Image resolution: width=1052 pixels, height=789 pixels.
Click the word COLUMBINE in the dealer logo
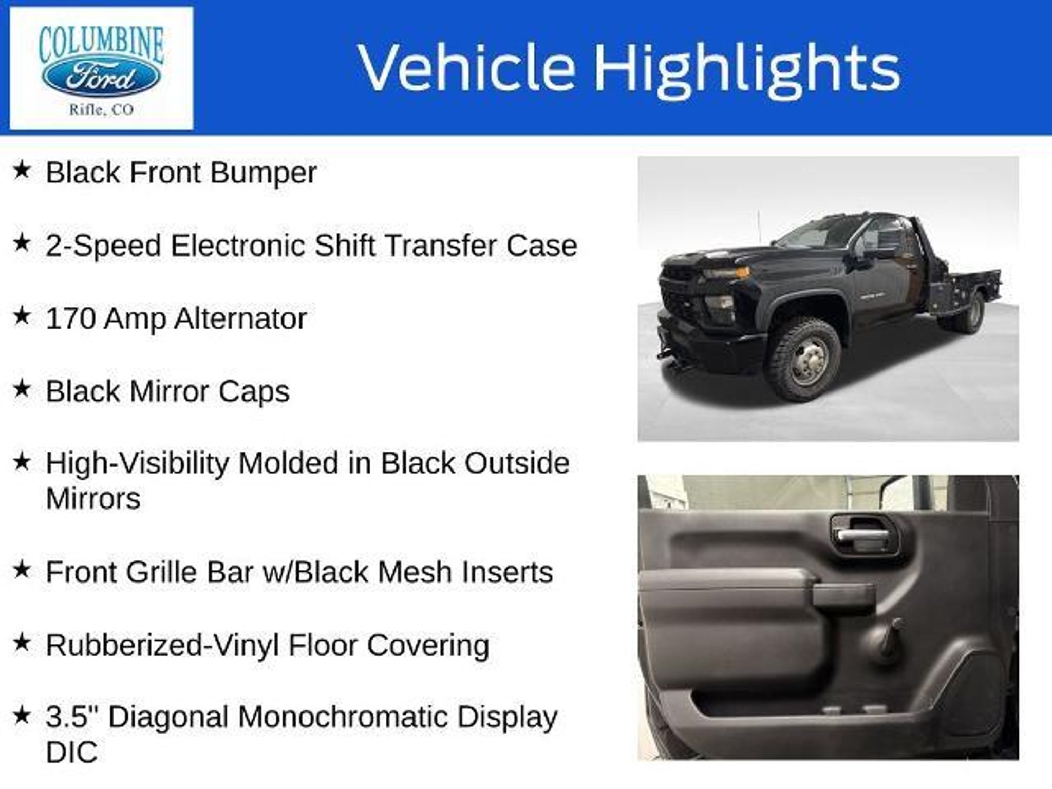102,45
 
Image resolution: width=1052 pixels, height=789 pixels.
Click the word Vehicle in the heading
466,67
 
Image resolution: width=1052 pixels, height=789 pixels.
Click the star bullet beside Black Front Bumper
22,170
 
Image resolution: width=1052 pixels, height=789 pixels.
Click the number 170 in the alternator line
71,318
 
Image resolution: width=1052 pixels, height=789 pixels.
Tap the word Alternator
240,318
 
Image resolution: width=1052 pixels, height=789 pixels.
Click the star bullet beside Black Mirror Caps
22,389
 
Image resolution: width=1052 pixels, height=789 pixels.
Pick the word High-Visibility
137,463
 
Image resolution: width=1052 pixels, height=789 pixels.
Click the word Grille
161,572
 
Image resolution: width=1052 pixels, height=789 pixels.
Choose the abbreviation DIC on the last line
72,753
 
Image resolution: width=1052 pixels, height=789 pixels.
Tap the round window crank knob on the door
894,626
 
